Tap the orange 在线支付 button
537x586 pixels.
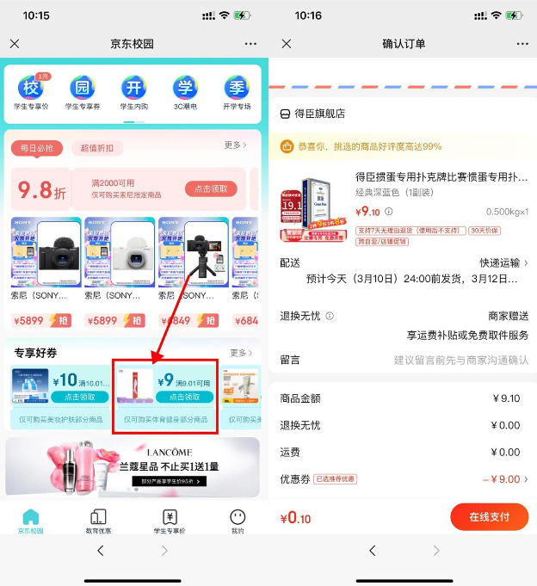coord(489,517)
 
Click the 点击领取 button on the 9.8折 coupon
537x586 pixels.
coord(211,189)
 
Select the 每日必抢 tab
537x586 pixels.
coord(37,148)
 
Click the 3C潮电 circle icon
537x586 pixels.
coord(185,89)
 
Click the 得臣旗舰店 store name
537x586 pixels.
coord(319,114)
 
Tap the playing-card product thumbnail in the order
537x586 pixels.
coord(314,209)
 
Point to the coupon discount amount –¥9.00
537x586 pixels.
coord(501,479)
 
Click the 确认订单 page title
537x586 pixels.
coord(404,44)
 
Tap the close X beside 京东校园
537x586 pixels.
coord(15,44)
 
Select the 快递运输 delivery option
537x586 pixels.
coord(503,262)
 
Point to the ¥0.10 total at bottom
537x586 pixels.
coord(296,518)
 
